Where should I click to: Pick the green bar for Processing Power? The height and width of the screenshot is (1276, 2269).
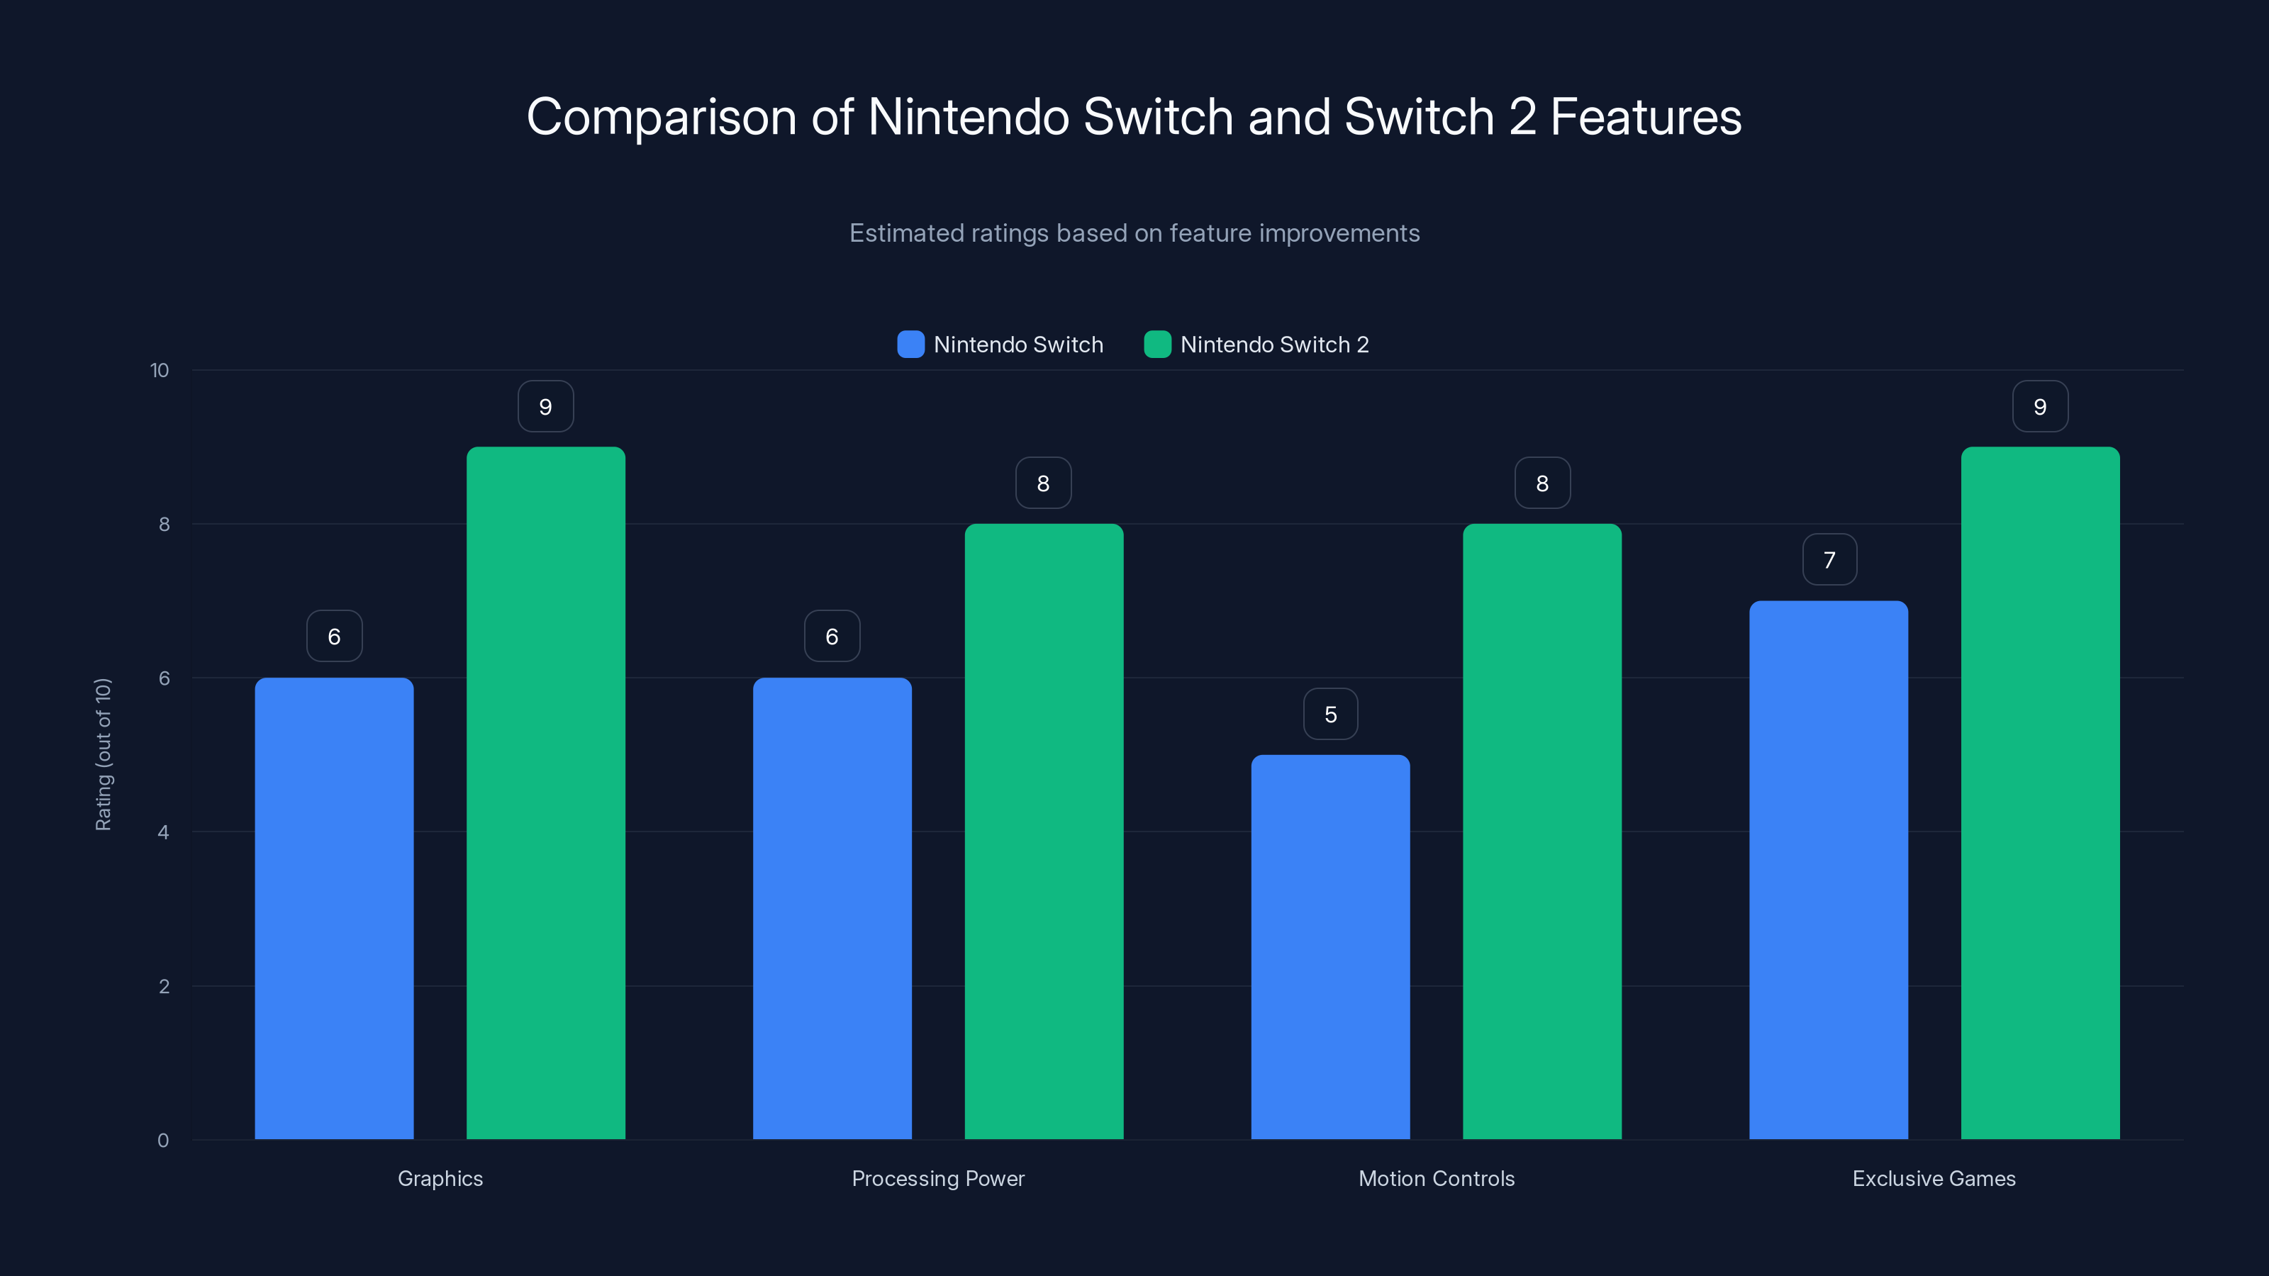click(x=1044, y=832)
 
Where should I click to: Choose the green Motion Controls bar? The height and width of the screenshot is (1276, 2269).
click(x=1542, y=832)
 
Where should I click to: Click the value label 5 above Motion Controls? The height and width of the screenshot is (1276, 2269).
click(x=1330, y=714)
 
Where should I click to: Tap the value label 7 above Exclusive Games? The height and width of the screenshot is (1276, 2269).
click(x=1829, y=560)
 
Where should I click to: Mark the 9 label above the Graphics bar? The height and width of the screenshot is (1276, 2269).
click(x=545, y=407)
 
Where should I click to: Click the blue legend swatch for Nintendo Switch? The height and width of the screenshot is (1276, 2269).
click(x=910, y=345)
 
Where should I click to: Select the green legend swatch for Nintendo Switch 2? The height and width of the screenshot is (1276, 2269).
click(x=1156, y=345)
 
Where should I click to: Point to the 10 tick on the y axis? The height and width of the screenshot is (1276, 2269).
click(x=160, y=371)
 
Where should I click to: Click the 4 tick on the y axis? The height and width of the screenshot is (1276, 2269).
click(x=164, y=832)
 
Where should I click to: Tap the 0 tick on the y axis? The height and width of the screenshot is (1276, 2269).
click(x=164, y=1141)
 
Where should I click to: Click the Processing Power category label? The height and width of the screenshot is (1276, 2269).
click(x=938, y=1178)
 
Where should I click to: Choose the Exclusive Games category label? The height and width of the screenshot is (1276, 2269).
click(x=1934, y=1178)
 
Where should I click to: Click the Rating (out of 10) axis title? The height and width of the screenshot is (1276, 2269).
click(x=104, y=755)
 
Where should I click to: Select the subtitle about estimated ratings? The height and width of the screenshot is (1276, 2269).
click(x=1134, y=233)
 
